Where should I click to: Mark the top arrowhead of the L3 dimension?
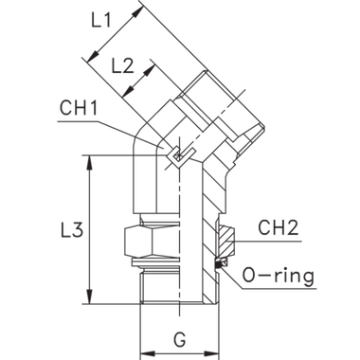[x=92, y=161]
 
